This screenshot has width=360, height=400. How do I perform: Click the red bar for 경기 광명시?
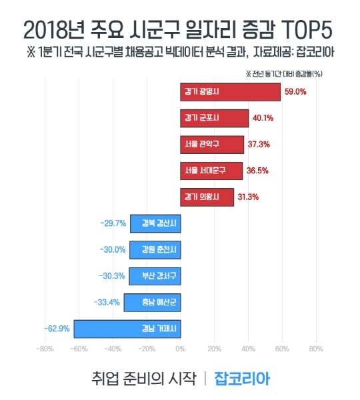click(x=230, y=92)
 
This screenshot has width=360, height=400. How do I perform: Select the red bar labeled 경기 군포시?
click(x=214, y=118)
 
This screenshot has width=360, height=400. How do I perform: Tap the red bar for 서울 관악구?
click(x=212, y=144)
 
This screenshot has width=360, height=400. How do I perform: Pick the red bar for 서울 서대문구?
click(x=211, y=171)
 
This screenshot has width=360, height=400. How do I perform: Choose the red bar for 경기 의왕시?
click(x=207, y=197)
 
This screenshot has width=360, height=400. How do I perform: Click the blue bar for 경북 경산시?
click(x=155, y=223)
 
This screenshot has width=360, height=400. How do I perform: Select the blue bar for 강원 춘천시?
click(x=155, y=249)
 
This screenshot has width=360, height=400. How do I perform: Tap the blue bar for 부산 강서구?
click(x=155, y=275)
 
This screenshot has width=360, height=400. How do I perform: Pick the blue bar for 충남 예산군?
click(x=152, y=302)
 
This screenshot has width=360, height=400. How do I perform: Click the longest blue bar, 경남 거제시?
click(x=127, y=329)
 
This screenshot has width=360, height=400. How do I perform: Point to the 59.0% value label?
click(x=295, y=92)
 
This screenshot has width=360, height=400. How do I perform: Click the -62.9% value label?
click(x=57, y=329)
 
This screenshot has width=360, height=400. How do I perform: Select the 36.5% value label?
click(x=257, y=171)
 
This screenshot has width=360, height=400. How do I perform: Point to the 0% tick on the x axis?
click(x=180, y=348)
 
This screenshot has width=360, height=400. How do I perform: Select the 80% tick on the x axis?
click(x=315, y=348)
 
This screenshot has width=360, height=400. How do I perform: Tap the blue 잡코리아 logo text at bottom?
click(x=242, y=378)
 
